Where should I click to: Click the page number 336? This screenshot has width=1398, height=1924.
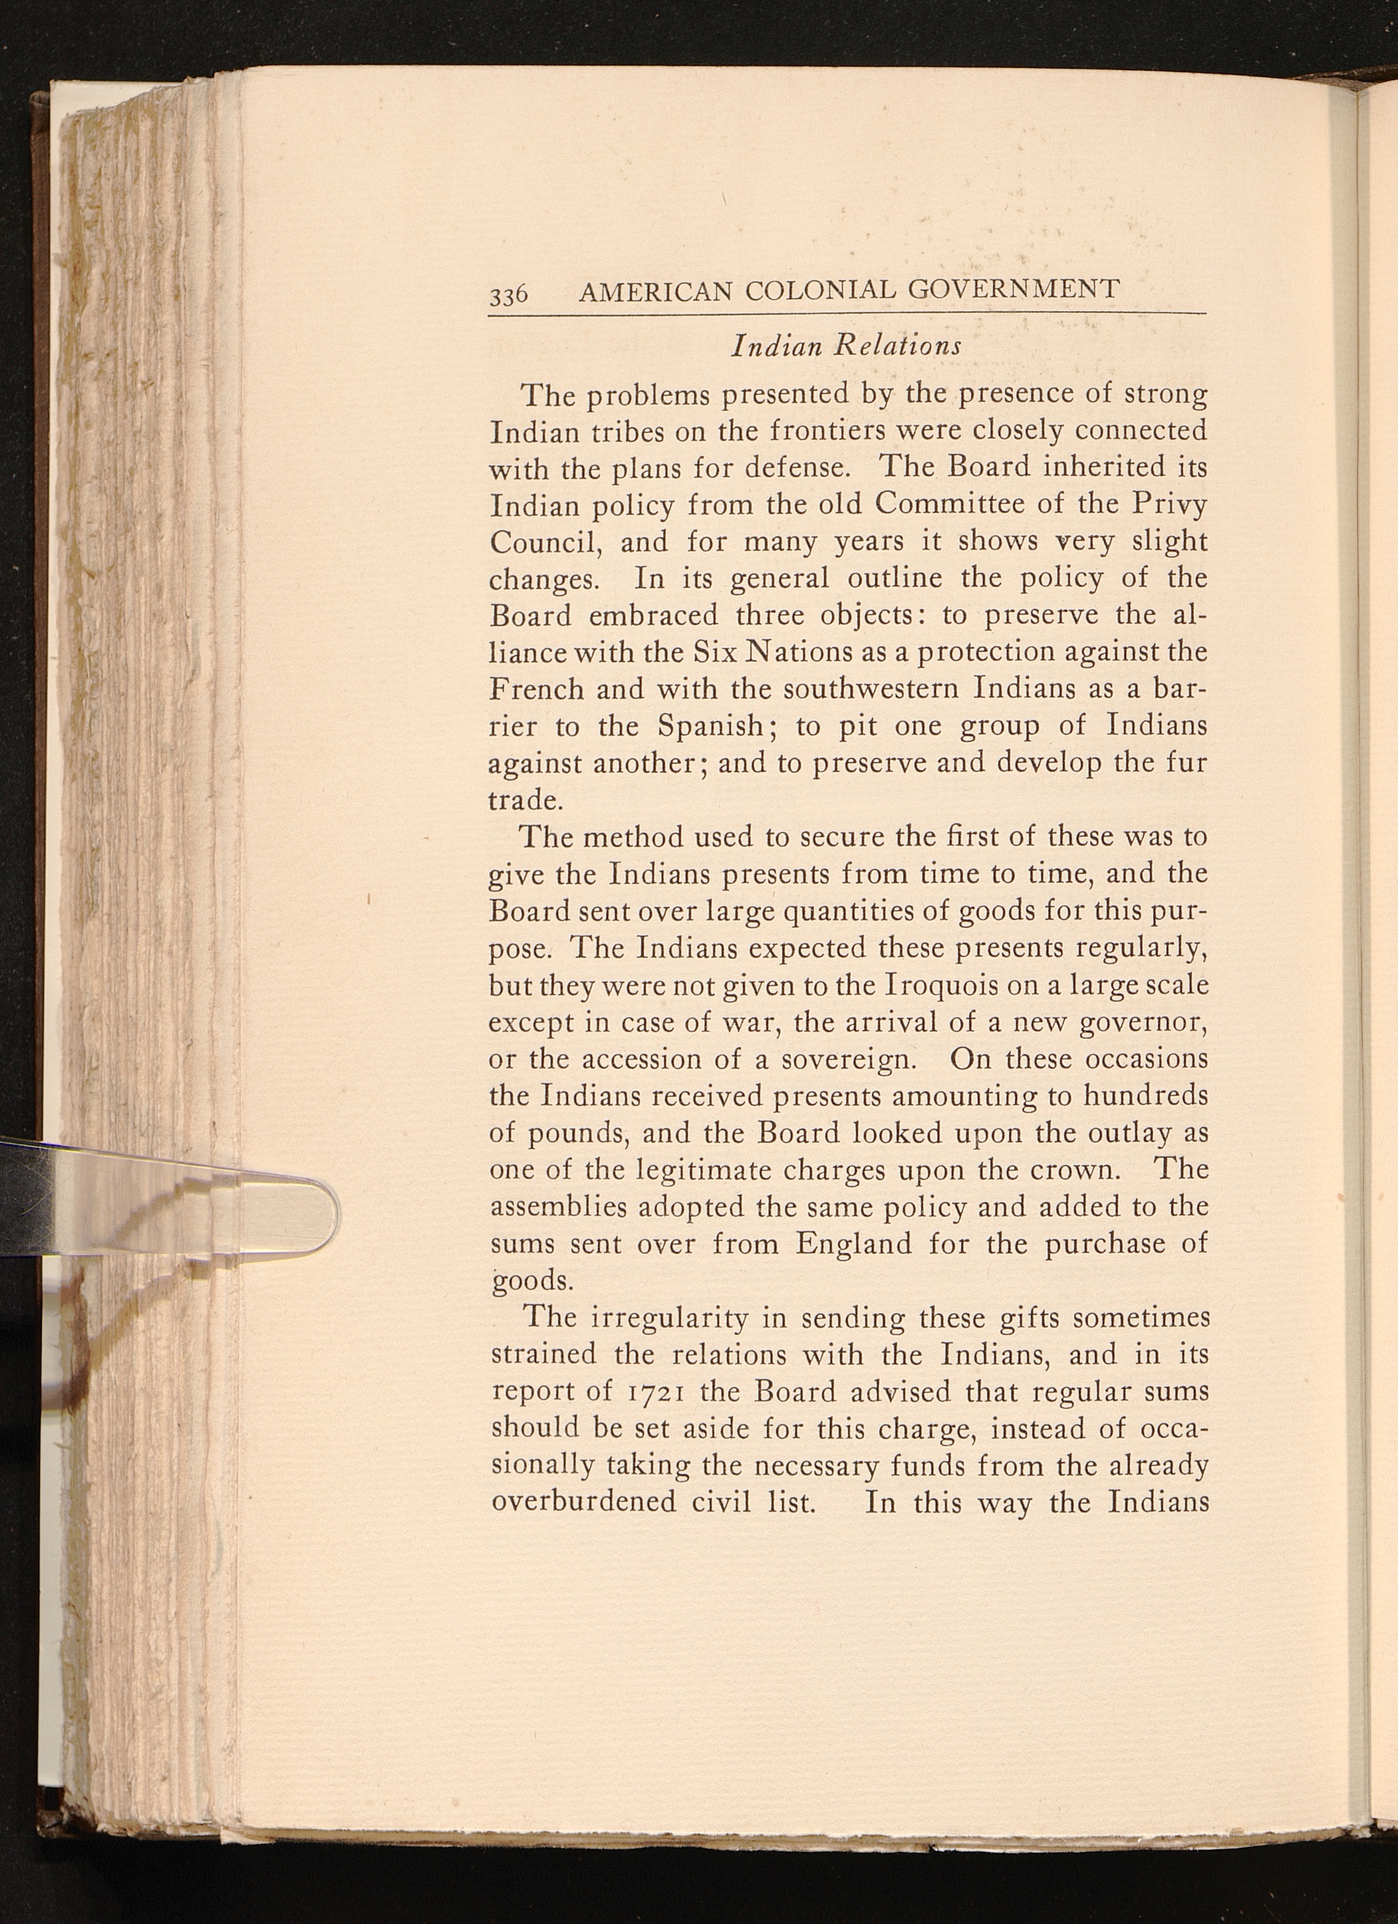point(508,294)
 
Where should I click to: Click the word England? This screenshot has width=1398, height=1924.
point(854,1244)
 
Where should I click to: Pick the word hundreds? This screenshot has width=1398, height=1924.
point(1145,1096)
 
